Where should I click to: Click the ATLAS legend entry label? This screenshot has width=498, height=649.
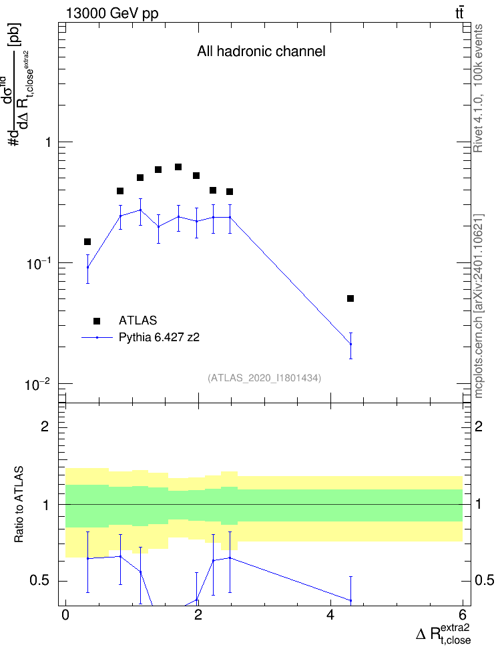point(138,320)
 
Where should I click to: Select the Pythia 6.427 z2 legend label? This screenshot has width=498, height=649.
point(159,337)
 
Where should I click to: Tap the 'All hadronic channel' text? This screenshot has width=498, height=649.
point(261,51)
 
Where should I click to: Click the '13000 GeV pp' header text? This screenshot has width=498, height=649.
point(112,13)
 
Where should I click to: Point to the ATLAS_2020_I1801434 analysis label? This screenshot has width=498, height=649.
point(264,377)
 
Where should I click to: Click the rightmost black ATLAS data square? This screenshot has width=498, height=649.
point(350,298)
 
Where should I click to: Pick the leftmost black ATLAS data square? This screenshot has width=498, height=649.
point(87,242)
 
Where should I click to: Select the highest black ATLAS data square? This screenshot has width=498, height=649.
point(178,167)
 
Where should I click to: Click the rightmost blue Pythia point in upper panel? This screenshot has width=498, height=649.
point(350,345)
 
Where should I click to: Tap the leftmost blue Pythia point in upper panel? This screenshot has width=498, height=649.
point(87,267)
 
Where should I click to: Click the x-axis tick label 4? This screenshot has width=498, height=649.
point(330,614)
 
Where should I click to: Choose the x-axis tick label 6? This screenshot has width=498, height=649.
point(463,614)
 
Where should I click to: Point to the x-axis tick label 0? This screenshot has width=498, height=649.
point(65,614)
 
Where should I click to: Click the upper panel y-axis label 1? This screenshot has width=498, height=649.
point(48,142)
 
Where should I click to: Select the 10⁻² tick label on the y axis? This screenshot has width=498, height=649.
point(37,385)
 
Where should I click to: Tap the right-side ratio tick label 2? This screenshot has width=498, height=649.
point(479,426)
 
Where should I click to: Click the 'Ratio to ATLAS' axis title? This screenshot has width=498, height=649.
point(19,505)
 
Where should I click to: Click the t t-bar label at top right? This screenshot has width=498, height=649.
point(459,13)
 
